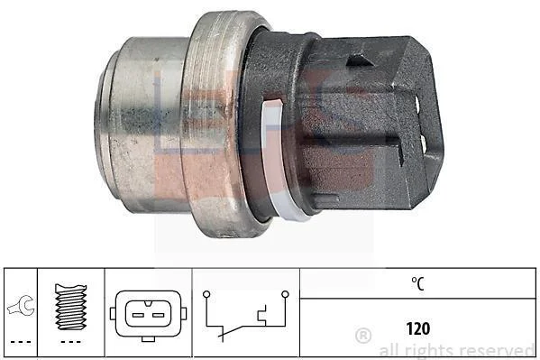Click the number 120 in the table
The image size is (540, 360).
coord(418,328)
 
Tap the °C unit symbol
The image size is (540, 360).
coord(417,283)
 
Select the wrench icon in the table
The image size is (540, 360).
coord(21,306)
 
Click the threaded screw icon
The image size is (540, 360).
coord(70,306)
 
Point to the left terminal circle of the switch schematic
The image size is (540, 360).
coord(206,294)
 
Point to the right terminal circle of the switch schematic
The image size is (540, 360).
coord(285,294)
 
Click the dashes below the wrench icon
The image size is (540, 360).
coord(21,342)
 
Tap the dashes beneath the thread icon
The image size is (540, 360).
coord(70,342)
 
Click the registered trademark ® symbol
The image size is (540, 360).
coord(363,335)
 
